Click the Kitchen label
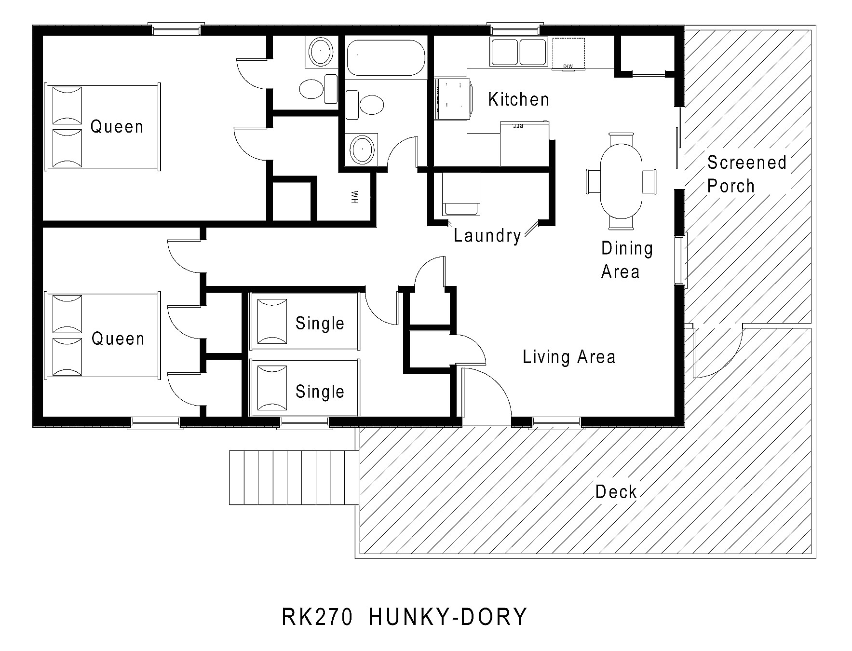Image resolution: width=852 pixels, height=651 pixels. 518,99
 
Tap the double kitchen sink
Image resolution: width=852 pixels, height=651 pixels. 518,52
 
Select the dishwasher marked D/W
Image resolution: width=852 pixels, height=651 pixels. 568,53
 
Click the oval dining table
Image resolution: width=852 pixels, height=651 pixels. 621,181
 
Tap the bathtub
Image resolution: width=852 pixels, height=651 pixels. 385,58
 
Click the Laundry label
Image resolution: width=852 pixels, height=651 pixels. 487,235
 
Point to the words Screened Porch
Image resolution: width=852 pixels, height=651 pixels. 746,174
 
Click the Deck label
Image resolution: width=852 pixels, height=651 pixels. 616,492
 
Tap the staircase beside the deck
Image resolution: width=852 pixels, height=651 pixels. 294,477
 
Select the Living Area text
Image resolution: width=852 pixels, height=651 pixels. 569,357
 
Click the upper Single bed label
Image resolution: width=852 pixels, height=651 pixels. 320,323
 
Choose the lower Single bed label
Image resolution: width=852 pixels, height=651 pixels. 320,392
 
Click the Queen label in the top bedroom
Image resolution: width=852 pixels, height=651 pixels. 117,127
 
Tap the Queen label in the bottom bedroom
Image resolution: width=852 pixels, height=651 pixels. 118,339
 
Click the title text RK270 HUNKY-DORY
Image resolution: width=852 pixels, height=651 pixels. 404,617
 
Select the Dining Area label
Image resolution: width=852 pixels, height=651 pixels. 626,260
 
